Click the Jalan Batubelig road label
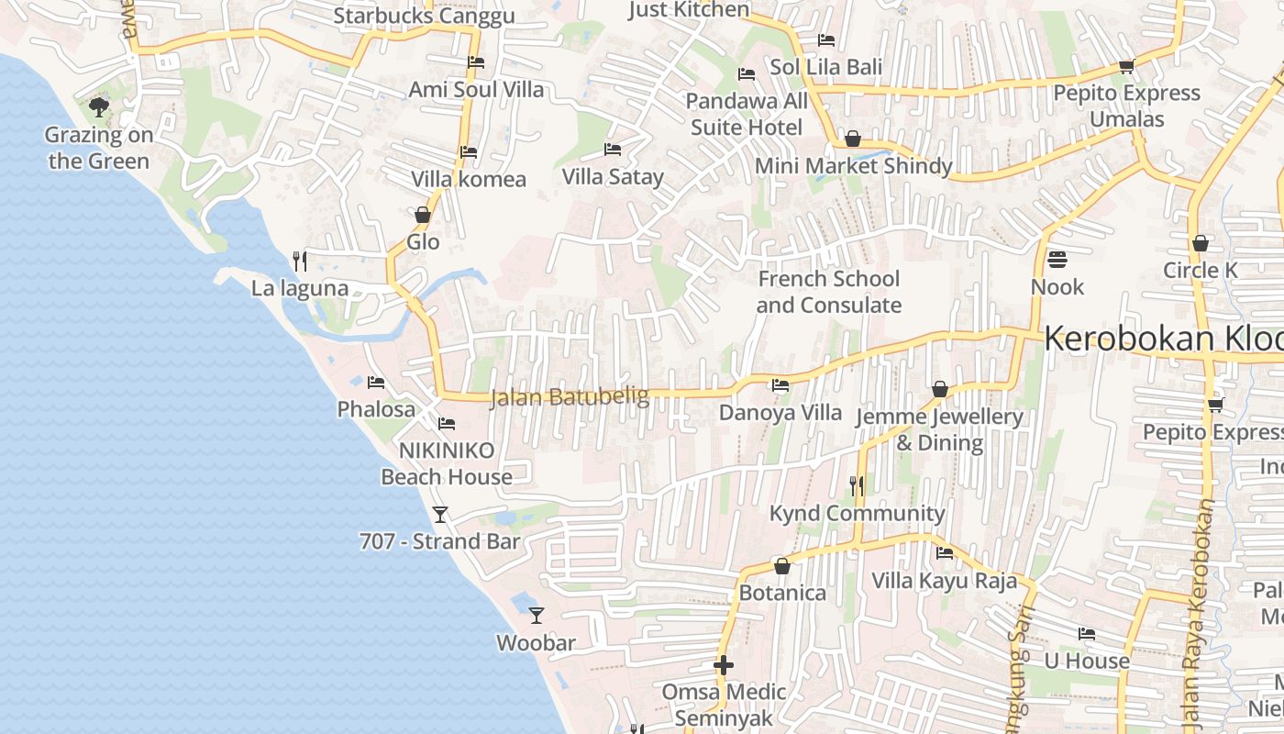coord(570,397)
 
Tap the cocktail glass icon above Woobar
coord(537,615)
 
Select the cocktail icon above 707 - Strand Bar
coord(440,514)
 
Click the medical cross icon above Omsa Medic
coord(724,664)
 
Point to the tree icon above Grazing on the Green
coord(99,107)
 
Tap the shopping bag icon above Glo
coord(423,215)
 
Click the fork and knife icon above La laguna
coord(299,261)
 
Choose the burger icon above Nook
coord(1057,260)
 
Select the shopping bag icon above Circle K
coord(1200,243)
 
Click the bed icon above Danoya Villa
coord(780,385)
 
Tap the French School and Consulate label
coord(829,292)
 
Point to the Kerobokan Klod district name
coord(1163,339)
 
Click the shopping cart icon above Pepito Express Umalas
coord(1126,66)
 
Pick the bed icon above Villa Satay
coord(613,150)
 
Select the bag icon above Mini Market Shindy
coord(853,139)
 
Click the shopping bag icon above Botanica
coord(782,566)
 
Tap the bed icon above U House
coord(1087,634)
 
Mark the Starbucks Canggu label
coord(424,16)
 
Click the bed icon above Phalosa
coord(376,382)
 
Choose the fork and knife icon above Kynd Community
coord(857,485)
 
